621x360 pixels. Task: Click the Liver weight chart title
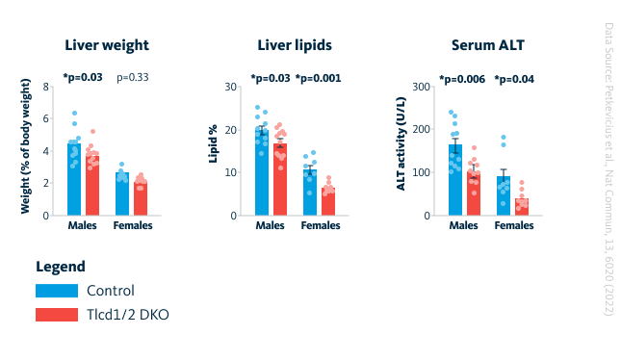click(x=107, y=45)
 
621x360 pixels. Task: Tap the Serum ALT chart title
click(x=488, y=45)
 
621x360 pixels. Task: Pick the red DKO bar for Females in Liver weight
click(x=141, y=198)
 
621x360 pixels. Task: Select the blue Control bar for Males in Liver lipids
click(x=262, y=173)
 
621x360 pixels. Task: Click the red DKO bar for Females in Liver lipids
click(x=328, y=202)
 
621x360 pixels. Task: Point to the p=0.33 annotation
click(x=134, y=77)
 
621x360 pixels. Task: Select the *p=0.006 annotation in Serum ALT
click(x=462, y=78)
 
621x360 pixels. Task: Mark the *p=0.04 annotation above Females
click(x=515, y=78)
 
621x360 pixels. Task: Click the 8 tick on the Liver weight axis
click(x=45, y=87)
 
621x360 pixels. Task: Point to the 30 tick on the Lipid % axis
click(x=231, y=87)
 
